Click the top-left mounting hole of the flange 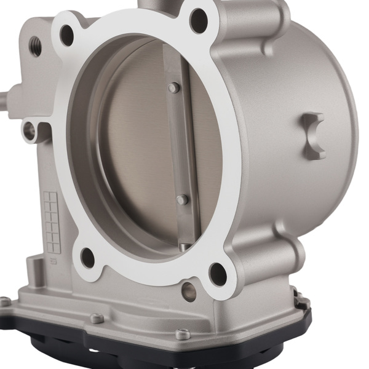(x=67, y=35)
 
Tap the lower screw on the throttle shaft (x=181, y=200)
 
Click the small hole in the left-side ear (x=29, y=129)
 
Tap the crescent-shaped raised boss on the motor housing (x=315, y=135)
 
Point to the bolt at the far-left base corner (x=5, y=301)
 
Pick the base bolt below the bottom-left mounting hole (x=96, y=318)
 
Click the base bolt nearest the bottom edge (x=182, y=335)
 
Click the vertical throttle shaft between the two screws (x=178, y=145)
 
